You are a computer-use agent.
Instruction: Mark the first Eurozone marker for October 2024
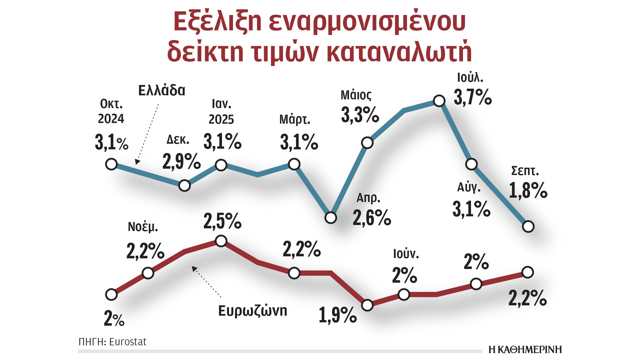coord(111,295)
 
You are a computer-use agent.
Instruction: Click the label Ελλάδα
coord(162,90)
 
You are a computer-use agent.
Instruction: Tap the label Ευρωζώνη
coord(252,311)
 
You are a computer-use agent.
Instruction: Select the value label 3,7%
coord(473,97)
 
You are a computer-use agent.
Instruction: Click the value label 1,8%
coord(528,191)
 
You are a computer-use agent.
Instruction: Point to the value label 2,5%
coord(222,221)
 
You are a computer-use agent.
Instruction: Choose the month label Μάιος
coord(356,95)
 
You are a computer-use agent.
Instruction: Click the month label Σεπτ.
coord(525,171)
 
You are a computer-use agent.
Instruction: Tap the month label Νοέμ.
coord(143,227)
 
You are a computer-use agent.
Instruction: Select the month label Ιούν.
coord(406,254)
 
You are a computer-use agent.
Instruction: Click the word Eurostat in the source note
coord(128,342)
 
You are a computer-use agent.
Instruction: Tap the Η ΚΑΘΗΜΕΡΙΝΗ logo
coord(525,349)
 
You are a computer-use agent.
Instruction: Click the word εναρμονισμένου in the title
coord(367,22)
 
